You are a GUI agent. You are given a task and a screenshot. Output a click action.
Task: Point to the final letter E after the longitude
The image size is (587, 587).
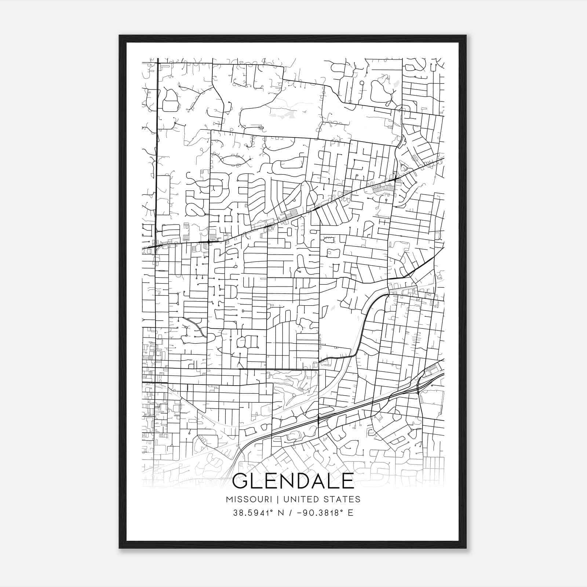(x=350, y=513)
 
